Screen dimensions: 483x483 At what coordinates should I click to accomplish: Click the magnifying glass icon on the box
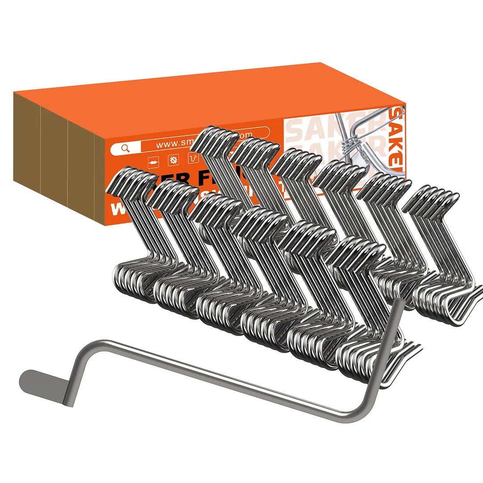[x=125, y=148]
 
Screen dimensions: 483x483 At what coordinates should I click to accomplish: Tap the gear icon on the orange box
[x=173, y=159]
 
